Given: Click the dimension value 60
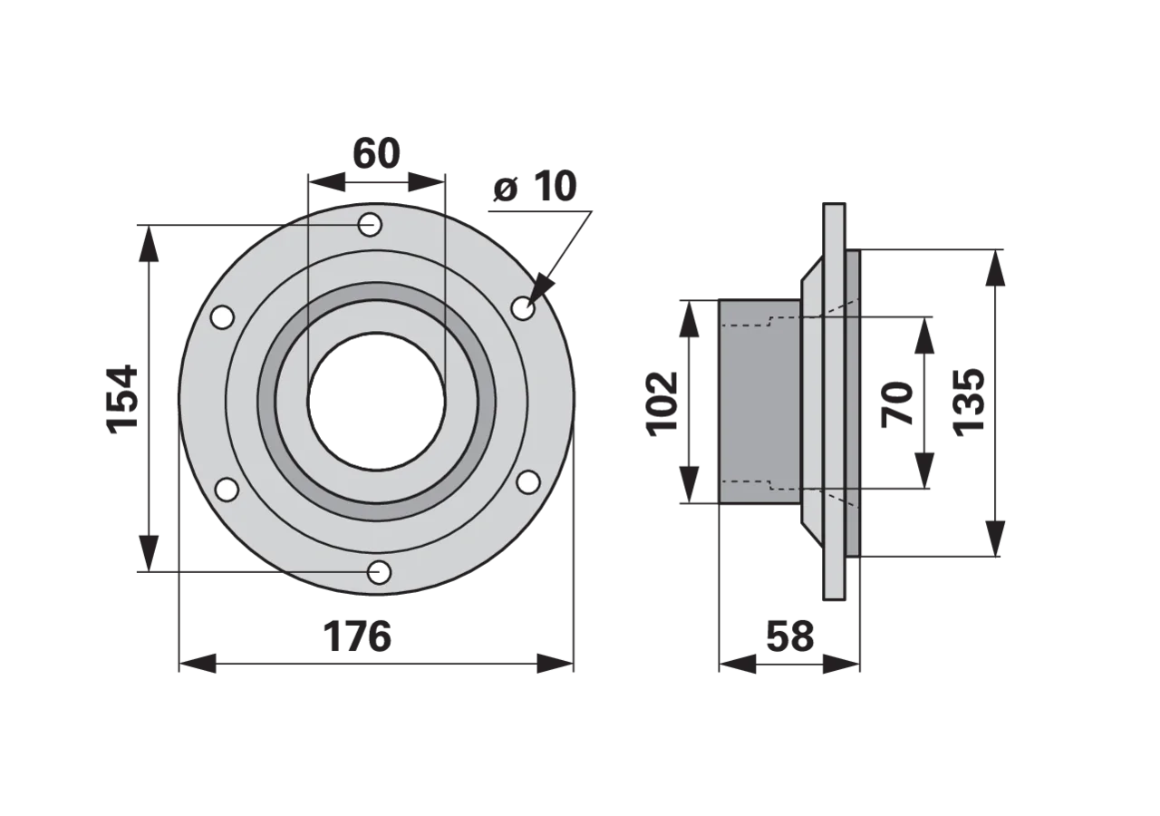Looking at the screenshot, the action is click(x=376, y=153).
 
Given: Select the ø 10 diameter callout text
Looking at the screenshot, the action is click(x=535, y=186).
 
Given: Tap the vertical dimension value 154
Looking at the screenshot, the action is click(x=122, y=398).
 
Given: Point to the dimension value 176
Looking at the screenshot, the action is click(x=357, y=636).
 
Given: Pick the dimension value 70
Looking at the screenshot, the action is click(x=897, y=403).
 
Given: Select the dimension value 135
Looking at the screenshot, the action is click(x=969, y=403).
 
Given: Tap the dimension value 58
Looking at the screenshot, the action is click(x=790, y=636).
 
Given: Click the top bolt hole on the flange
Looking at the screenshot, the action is click(x=370, y=226).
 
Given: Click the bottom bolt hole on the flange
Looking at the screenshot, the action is click(x=379, y=572).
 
